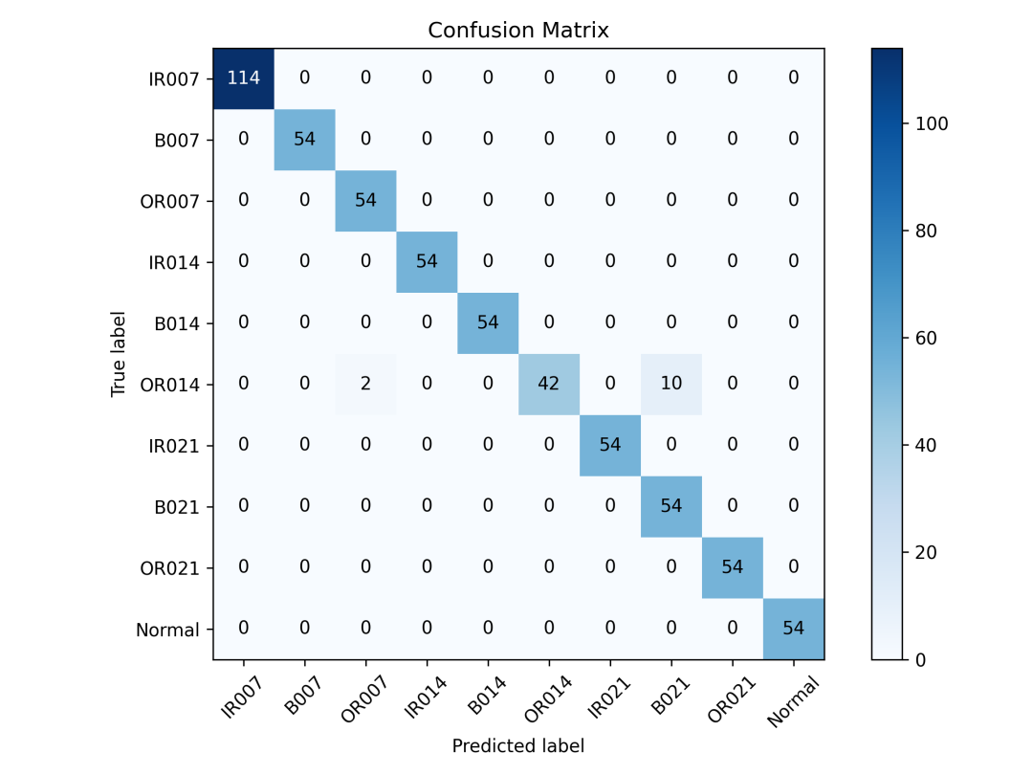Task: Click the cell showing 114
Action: tap(243, 78)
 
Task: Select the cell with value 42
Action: tap(549, 385)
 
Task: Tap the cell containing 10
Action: tap(671, 385)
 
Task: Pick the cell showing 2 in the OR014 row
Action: tap(365, 385)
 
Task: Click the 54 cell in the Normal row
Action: tap(794, 629)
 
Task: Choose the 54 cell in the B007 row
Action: tap(304, 140)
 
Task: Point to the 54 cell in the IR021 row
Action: tap(610, 446)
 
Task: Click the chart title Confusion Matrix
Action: tap(518, 31)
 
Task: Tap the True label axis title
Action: tap(118, 354)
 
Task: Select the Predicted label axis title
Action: tap(518, 746)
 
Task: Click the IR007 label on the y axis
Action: tap(174, 79)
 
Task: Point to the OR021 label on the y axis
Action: tap(170, 568)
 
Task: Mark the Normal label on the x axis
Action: tap(793, 701)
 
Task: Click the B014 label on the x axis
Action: tap(487, 696)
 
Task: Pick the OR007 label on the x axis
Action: tap(363, 699)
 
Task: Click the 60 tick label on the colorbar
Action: tap(926, 338)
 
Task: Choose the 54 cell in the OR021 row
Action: tap(733, 567)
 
